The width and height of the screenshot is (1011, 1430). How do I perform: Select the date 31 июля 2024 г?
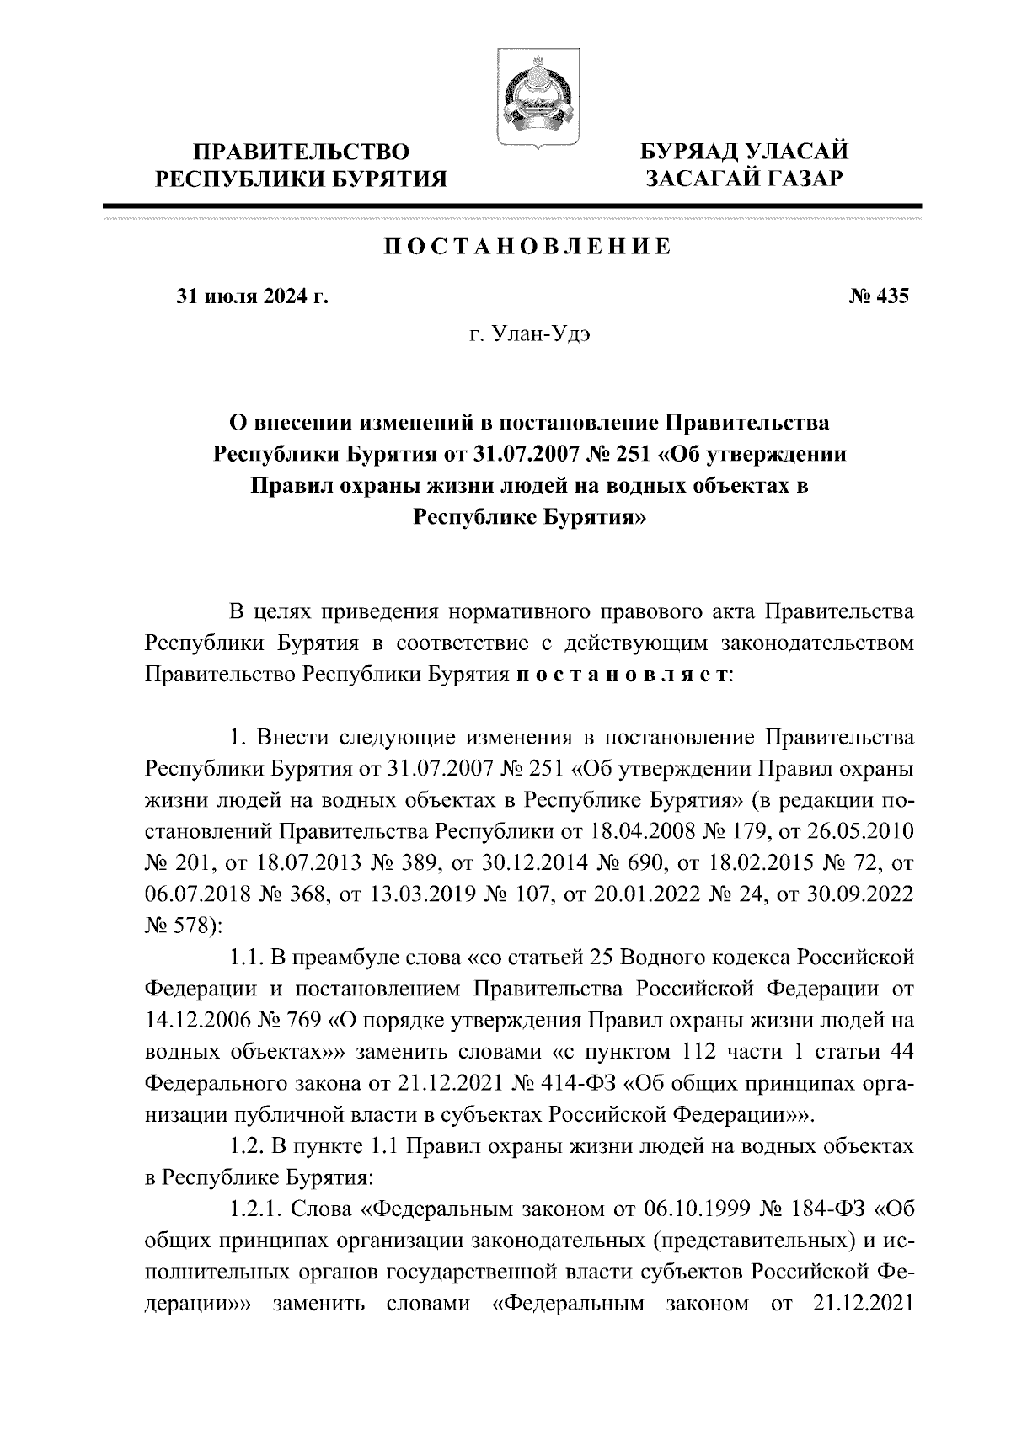(250, 296)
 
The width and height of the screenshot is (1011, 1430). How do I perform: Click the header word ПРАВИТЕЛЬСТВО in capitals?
(302, 152)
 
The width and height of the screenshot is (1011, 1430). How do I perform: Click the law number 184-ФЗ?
(849, 1211)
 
